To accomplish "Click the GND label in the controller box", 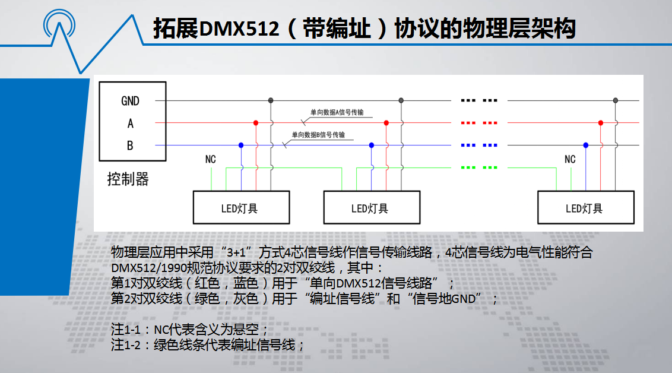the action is tap(130, 101).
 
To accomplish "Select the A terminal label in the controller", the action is tap(130, 124).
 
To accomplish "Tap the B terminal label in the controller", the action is tap(130, 146).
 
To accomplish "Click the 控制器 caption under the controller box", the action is tap(128, 179).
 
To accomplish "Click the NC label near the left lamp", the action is tap(210, 160).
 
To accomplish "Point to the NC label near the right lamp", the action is tap(570, 160).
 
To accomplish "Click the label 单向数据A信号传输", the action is tap(337, 112).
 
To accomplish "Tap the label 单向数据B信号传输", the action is tap(318, 135).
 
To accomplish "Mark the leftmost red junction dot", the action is tap(256, 123).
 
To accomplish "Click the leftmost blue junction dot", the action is tap(241, 146).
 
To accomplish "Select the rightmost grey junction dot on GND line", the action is tap(616, 100).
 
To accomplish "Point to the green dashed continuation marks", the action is tap(479, 167).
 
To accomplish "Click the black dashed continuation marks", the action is tap(479, 100).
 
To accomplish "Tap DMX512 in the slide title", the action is tap(239, 29).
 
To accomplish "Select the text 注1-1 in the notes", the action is tap(126, 329).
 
